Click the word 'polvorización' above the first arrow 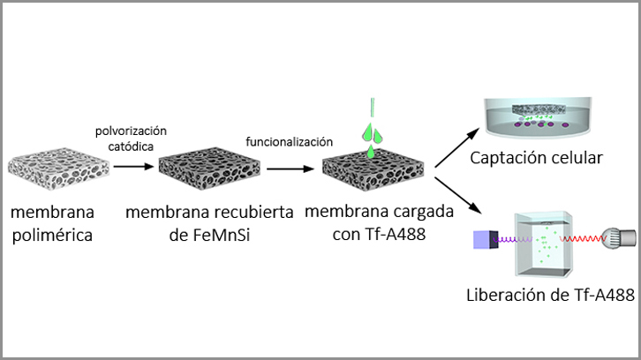click(x=131, y=131)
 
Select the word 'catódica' click(x=130, y=147)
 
